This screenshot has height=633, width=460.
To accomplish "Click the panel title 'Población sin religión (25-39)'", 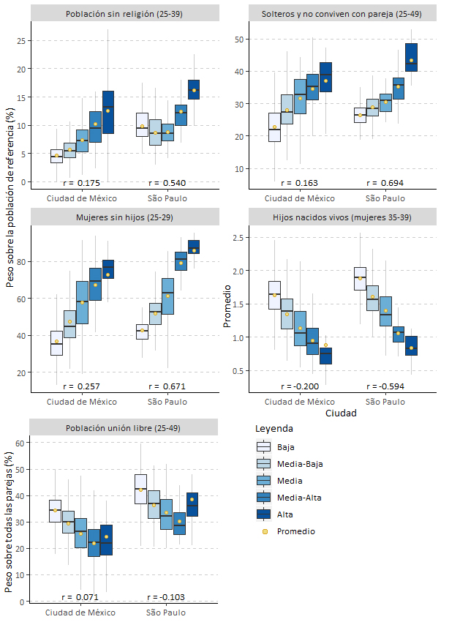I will [x=125, y=13].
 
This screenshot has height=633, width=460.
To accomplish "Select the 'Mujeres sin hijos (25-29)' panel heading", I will [x=125, y=217].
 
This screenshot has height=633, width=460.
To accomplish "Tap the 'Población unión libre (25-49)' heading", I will [x=125, y=428].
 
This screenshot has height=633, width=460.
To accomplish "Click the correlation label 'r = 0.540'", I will [x=165, y=182].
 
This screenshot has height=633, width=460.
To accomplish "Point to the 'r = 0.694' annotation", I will [x=384, y=182].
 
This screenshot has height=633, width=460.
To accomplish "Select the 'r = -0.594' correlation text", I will [x=384, y=386].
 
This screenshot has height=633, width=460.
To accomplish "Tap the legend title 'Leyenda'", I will [x=274, y=428].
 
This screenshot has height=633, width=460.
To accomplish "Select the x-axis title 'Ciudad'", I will [x=342, y=413].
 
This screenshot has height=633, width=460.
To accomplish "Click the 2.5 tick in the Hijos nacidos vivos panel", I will [x=235, y=238].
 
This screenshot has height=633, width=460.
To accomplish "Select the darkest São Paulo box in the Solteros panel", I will [x=410, y=57].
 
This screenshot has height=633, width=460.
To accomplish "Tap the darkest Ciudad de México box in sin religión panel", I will [x=108, y=113].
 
